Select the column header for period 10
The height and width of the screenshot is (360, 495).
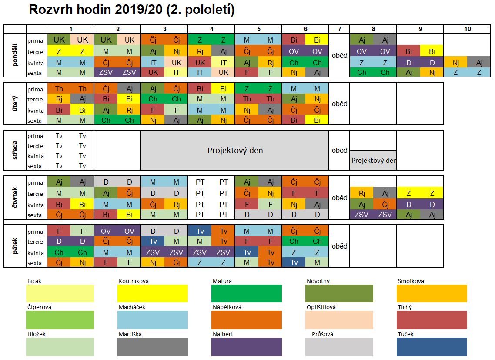(467, 29)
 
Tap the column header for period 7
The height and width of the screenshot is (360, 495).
(339, 29)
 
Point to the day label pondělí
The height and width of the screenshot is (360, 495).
(15, 56)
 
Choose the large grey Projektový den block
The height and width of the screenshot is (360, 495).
(235, 151)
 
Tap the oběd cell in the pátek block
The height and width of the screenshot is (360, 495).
(339, 246)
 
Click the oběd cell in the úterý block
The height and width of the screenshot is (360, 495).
(339, 104)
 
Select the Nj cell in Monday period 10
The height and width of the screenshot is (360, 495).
(455, 63)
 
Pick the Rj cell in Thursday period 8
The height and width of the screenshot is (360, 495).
(361, 193)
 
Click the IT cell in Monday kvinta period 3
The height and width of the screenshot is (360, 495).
(153, 63)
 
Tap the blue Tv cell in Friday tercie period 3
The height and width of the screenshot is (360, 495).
(153, 242)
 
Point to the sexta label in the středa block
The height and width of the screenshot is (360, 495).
(35, 166)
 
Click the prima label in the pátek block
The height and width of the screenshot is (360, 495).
(35, 232)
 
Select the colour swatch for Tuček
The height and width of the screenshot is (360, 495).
(431, 347)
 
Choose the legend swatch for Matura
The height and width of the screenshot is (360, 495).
(246, 293)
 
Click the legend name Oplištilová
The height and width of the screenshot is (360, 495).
(321, 307)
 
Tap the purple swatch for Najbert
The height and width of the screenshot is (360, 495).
(246, 347)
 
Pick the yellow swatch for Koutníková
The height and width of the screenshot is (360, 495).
(152, 293)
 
